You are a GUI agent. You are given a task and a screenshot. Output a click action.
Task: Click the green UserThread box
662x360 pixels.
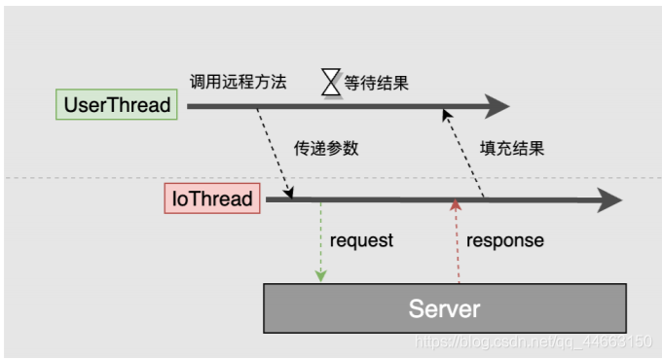pyautogui.click(x=116, y=105)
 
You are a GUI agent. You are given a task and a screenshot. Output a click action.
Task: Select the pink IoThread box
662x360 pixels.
pyautogui.click(x=211, y=199)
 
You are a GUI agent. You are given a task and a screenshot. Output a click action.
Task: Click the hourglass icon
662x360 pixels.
pyautogui.click(x=332, y=83)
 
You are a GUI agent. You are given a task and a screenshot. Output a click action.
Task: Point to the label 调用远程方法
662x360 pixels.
pyautogui.click(x=239, y=82)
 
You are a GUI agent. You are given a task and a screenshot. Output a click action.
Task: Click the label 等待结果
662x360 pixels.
pyautogui.click(x=377, y=83)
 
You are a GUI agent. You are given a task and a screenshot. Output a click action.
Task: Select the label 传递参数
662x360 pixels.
pyautogui.click(x=327, y=149)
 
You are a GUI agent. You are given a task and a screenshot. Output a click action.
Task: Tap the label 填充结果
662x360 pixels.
pyautogui.click(x=512, y=149)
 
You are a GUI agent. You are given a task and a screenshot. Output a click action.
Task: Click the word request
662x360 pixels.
pyautogui.click(x=361, y=240)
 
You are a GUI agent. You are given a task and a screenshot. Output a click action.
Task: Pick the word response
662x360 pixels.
pyautogui.click(x=505, y=240)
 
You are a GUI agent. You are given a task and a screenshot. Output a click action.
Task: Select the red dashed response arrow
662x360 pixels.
pyautogui.click(x=454, y=243)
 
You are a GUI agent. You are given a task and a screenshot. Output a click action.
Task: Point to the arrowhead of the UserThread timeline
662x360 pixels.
pyautogui.click(x=498, y=105)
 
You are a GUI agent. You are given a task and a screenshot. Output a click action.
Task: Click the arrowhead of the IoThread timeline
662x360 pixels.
pyautogui.click(x=609, y=200)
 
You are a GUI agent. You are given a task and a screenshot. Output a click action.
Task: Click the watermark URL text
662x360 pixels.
pyautogui.click(x=533, y=342)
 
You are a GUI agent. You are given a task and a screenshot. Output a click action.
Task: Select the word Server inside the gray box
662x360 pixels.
pyautogui.click(x=444, y=308)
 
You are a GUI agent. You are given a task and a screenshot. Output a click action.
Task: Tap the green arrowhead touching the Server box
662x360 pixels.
pyautogui.click(x=321, y=277)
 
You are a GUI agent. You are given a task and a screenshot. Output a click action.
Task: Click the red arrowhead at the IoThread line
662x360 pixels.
pyautogui.click(x=454, y=206)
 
